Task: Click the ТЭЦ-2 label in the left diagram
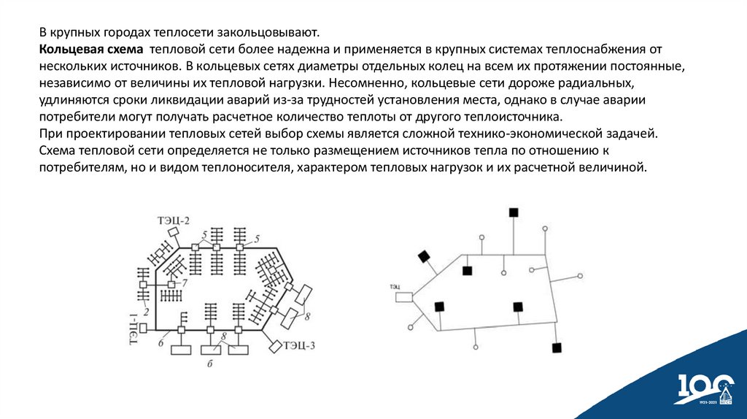[x=174, y=220]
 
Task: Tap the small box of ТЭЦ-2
[x=174, y=232]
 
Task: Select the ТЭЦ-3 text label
[x=299, y=345]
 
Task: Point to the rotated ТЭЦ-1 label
[x=134, y=328]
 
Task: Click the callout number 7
[x=185, y=282]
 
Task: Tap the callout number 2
[x=147, y=312]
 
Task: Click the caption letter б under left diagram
[x=209, y=363]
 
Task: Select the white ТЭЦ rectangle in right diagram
[x=403, y=297]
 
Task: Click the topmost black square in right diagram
[x=514, y=212]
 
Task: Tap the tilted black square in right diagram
[x=424, y=256]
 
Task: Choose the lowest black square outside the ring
[x=557, y=347]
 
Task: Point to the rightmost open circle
[x=581, y=276]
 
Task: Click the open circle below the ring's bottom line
[x=476, y=347]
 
